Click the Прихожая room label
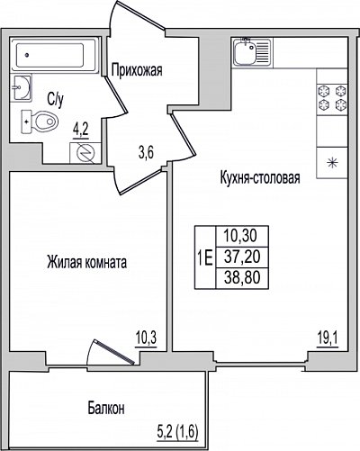pyautogui.click(x=137, y=70)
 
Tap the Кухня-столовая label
pyautogui.click(x=260, y=177)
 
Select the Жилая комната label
pyautogui.click(x=87, y=262)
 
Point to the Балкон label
pyautogui.click(x=106, y=409)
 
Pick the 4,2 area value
pyautogui.click(x=81, y=132)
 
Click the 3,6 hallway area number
pyautogui.click(x=146, y=153)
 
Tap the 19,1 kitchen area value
pyautogui.click(x=328, y=340)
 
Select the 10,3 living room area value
pyautogui.click(x=146, y=340)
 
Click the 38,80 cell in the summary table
pyautogui.click(x=242, y=277)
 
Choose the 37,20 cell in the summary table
pyautogui.click(x=242, y=257)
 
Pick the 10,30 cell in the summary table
pyautogui.click(x=240, y=236)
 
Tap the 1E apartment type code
pyautogui.click(x=205, y=257)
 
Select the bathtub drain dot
pyautogui.click(x=27, y=55)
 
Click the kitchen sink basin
pyautogui.click(x=245, y=53)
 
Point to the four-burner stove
pyautogui.click(x=332, y=97)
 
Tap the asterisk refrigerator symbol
pyautogui.click(x=332, y=164)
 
